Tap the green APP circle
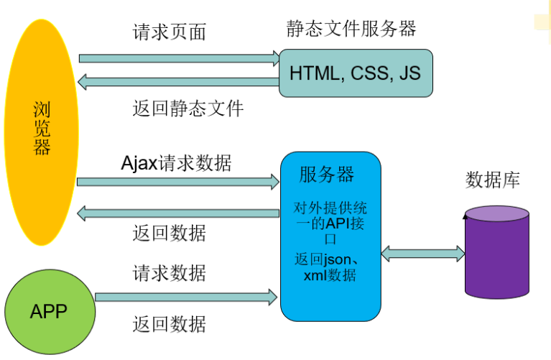(x=50, y=311)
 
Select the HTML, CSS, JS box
(x=356, y=73)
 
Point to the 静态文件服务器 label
(x=351, y=29)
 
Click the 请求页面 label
(x=170, y=32)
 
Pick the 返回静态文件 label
(x=188, y=109)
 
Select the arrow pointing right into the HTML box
(x=179, y=56)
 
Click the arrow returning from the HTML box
(x=179, y=82)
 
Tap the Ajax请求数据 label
(x=176, y=162)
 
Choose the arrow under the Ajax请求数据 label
(x=178, y=181)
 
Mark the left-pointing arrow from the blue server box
(x=178, y=213)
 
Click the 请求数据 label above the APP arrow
(x=170, y=273)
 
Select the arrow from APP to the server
(x=186, y=296)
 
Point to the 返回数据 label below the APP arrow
(x=170, y=324)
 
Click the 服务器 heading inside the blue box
(x=327, y=174)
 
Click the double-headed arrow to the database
(x=423, y=252)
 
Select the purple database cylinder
(x=496, y=251)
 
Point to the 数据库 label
(x=493, y=180)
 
